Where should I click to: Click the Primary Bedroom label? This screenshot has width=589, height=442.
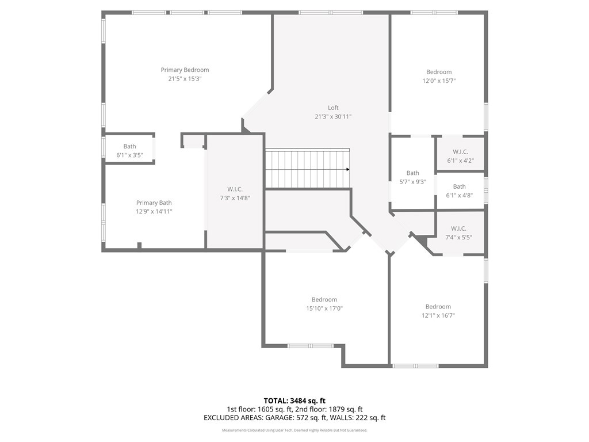pos(185,70)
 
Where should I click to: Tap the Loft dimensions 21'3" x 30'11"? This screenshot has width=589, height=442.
pos(333,116)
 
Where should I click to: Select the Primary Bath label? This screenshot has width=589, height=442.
pos(154,203)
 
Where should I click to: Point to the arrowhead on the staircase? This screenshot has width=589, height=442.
pos(348,170)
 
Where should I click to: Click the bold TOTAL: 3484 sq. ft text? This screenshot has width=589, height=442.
pos(294,401)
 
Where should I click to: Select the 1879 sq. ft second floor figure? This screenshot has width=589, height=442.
pos(346,409)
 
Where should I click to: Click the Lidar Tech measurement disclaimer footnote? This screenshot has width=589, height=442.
pos(294,430)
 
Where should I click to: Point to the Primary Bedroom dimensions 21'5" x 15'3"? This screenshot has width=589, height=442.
pos(185,78)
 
